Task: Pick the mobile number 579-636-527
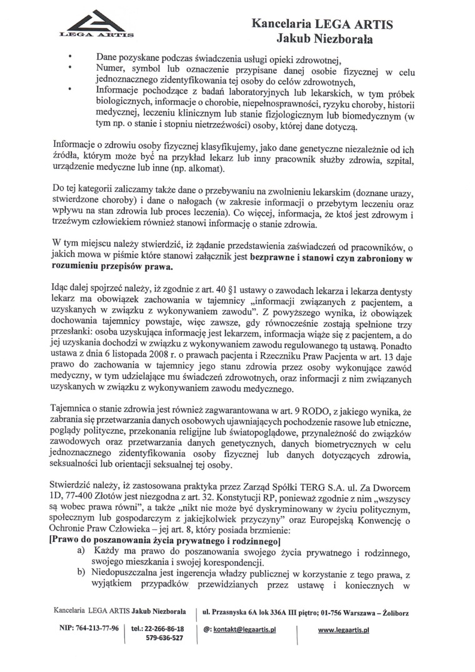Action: click(164, 638)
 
